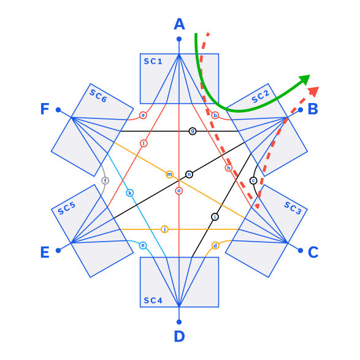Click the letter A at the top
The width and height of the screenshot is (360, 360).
pos(179,25)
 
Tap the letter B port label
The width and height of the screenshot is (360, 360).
pos(312,109)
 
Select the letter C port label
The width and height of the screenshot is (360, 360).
pos(313,252)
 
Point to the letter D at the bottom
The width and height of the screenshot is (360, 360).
pos(179,336)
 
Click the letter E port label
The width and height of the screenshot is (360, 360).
pos(45,252)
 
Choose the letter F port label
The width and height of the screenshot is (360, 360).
pos(45,109)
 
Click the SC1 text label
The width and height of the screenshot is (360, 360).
pos(153,61)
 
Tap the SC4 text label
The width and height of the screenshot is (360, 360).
pos(153,300)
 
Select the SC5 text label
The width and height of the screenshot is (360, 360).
pos(66,209)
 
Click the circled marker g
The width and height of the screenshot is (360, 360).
pos(192,131)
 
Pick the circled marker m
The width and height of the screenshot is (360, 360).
pos(170,175)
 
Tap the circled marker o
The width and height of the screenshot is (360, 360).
pos(179,191)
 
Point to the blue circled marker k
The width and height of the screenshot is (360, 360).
pos(129,193)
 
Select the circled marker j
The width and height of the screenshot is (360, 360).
pos(164,229)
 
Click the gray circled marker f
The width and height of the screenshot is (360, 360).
pos(105,180)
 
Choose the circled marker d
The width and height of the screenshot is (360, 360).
pos(215,246)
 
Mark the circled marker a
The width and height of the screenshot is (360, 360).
pos(143,115)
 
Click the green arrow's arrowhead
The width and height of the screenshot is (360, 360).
pos(305,79)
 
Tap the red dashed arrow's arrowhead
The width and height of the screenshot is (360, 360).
pos(313,91)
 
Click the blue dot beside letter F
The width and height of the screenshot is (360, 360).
pos(58,109)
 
